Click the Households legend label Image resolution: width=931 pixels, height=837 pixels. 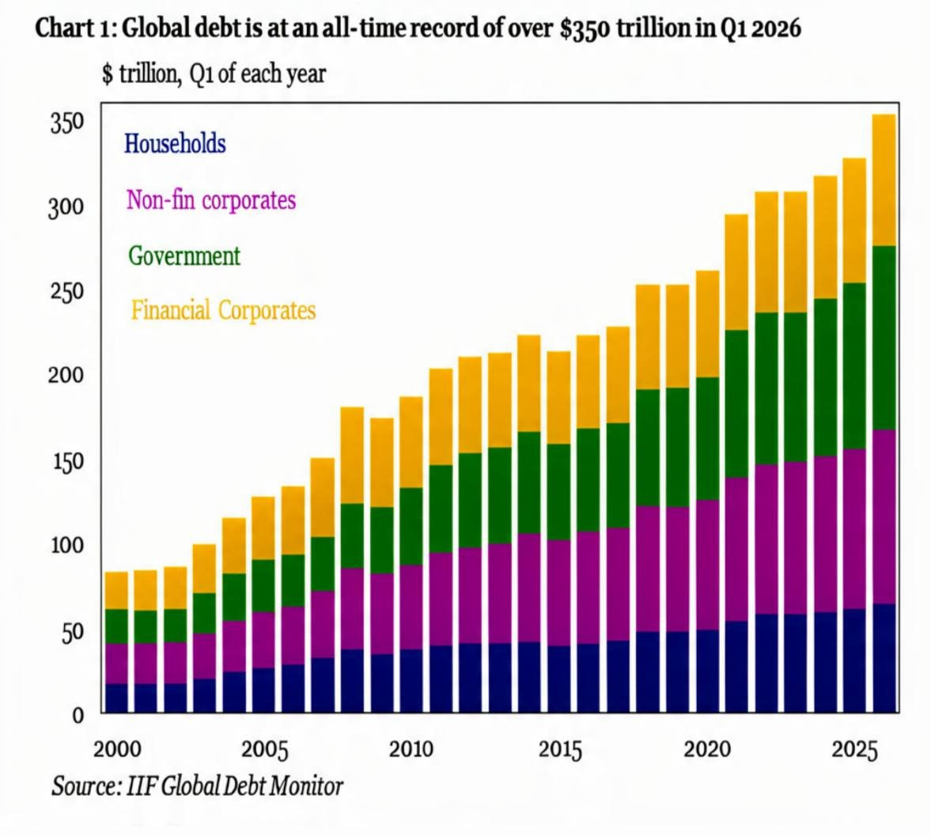tap(175, 144)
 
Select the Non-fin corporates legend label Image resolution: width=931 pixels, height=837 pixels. tap(210, 199)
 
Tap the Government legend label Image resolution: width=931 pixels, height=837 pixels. tap(184, 256)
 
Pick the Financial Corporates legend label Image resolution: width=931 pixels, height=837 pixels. tap(223, 310)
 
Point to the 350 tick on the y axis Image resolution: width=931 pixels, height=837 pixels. tap(66, 124)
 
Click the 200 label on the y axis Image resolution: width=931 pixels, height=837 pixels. tap(66, 376)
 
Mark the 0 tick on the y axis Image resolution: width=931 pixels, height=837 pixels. tap(78, 715)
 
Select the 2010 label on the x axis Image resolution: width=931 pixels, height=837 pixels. tap(411, 750)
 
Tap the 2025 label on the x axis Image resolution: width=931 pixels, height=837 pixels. tap(853, 750)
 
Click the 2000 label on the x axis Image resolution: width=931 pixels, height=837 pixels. tap(117, 750)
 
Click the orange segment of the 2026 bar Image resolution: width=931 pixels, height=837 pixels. tap(884, 180)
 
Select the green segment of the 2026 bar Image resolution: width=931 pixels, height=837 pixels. tap(884, 338)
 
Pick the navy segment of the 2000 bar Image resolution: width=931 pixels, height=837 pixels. tap(116, 698)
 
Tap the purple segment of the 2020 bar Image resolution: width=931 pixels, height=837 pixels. tap(707, 565)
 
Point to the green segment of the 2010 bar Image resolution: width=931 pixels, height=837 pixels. tap(411, 526)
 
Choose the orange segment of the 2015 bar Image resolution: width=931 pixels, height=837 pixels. tap(558, 398)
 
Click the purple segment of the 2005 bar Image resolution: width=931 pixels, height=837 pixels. tap(263, 640)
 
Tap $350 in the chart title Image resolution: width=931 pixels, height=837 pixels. tap(585, 28)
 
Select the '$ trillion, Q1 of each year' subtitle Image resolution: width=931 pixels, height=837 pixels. tap(214, 74)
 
